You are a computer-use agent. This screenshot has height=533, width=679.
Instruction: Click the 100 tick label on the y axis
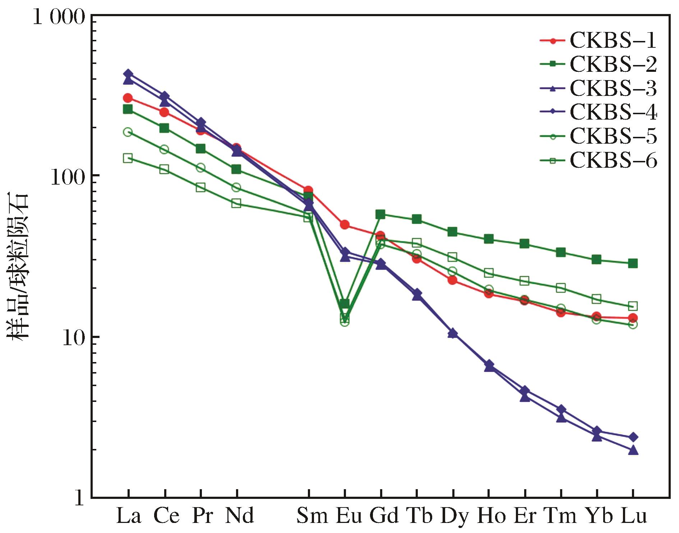68,177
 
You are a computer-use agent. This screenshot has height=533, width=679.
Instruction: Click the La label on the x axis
128,516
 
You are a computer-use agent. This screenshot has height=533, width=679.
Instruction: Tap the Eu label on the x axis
349,516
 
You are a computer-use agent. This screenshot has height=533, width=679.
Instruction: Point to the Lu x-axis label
634,516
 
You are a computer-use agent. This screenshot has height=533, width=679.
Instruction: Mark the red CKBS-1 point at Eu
345,225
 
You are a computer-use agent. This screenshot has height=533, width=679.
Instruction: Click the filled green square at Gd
380,215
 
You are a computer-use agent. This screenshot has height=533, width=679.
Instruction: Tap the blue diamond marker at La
128,74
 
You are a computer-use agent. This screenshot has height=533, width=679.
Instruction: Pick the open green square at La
128,158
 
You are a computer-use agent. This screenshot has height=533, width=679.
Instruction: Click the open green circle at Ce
164,149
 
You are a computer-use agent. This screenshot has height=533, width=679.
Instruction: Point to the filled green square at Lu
633,264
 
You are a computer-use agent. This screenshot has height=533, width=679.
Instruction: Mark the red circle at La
128,98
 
